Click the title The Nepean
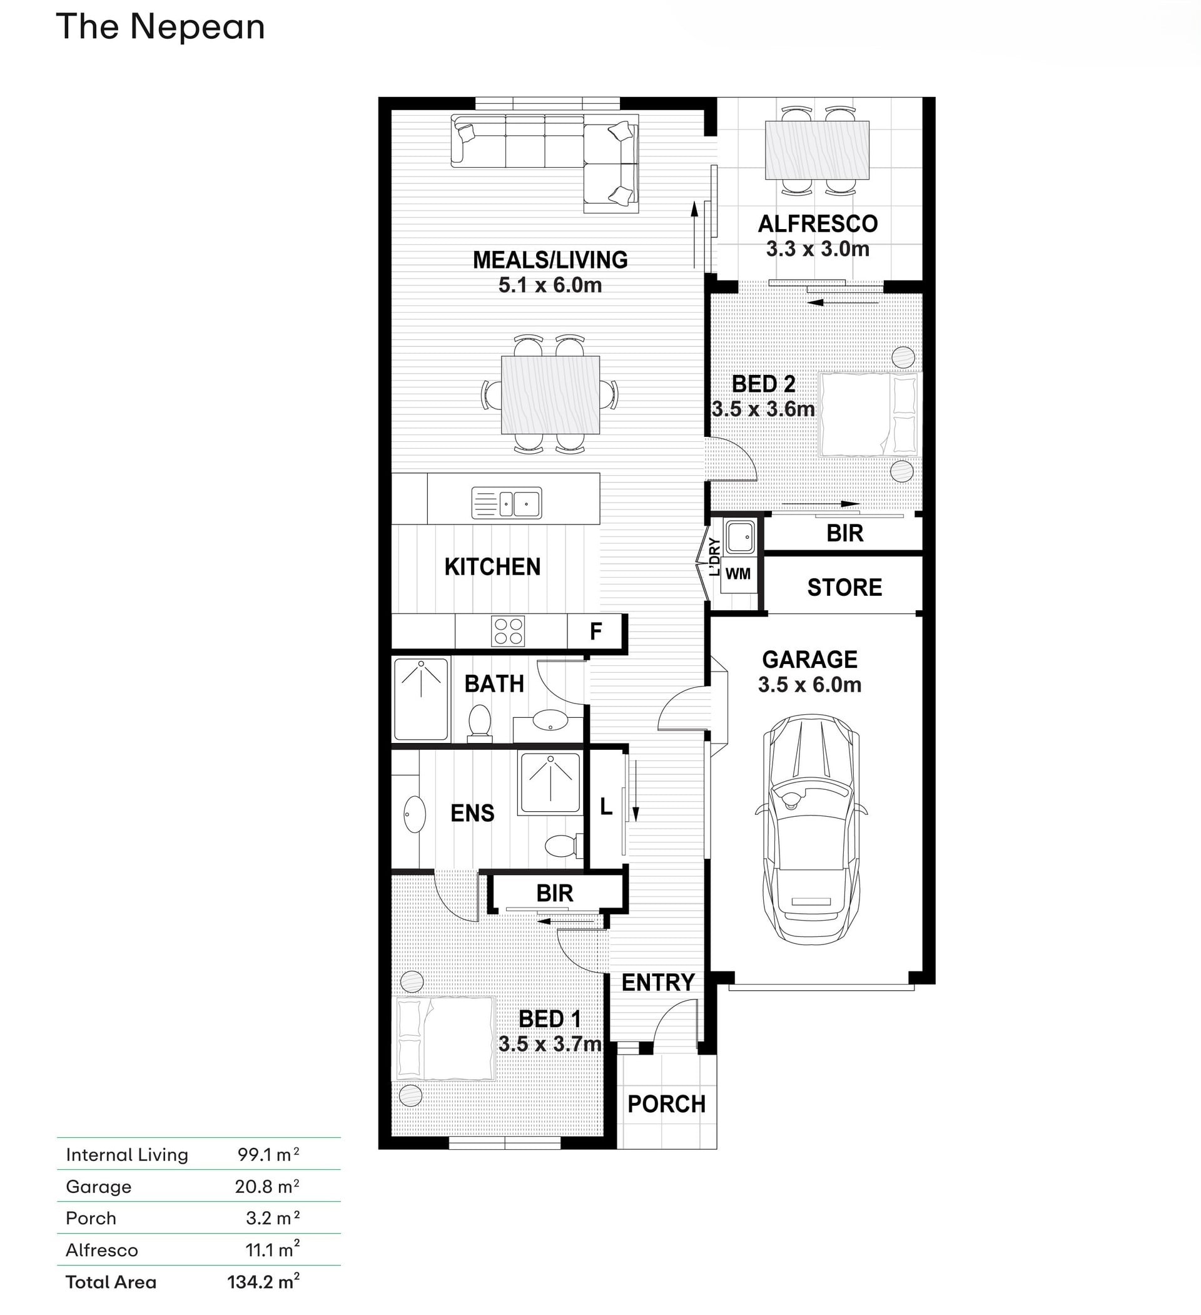[x=160, y=28]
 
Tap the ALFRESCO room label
[x=818, y=223]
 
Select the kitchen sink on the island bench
[x=507, y=503]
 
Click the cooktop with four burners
[x=508, y=631]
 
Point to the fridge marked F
[x=595, y=632]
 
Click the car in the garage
[x=811, y=829]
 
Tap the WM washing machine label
[x=737, y=574]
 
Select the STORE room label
[x=844, y=588]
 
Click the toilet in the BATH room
[x=480, y=723]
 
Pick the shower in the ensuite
[x=550, y=783]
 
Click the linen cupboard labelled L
[x=606, y=807]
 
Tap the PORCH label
[x=666, y=1104]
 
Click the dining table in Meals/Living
[x=550, y=395]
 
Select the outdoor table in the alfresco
[x=817, y=150]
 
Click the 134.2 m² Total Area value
[x=263, y=1281]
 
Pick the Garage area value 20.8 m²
[x=267, y=1186]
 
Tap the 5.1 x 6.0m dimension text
[x=550, y=285]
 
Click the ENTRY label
[x=657, y=982]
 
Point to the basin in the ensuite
[x=414, y=814]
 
